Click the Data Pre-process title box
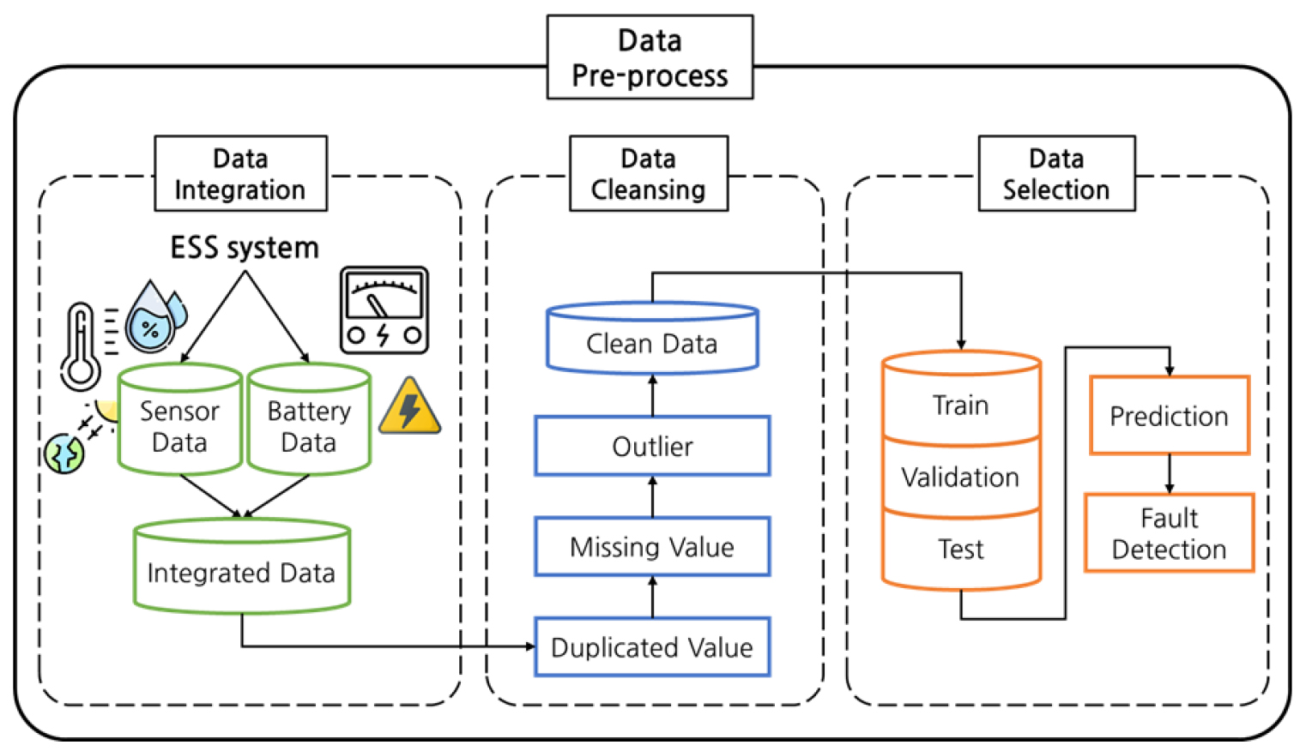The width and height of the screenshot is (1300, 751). point(650,57)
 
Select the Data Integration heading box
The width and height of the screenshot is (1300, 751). point(240,173)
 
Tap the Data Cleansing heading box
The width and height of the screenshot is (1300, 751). point(648,173)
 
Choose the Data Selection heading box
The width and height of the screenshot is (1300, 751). point(1056,173)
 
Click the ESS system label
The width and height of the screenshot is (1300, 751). point(245,248)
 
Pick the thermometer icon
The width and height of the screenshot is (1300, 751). point(81,346)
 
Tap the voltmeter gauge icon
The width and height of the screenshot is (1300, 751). point(384,310)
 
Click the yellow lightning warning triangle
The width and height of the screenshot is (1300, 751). point(409,407)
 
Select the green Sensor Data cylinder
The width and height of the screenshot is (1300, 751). point(179,420)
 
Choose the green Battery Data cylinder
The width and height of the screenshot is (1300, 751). point(309,420)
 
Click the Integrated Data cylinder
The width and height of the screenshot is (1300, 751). point(242,567)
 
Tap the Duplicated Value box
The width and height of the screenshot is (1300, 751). point(652,647)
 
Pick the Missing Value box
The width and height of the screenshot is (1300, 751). point(652,546)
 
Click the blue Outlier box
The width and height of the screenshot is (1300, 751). point(652,446)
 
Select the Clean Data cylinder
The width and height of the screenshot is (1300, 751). point(652,338)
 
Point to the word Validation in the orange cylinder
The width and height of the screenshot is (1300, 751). point(960,478)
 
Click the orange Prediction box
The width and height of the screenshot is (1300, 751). point(1169,416)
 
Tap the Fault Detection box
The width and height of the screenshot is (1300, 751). point(1169,532)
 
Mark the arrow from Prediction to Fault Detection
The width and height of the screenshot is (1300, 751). point(1169,473)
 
